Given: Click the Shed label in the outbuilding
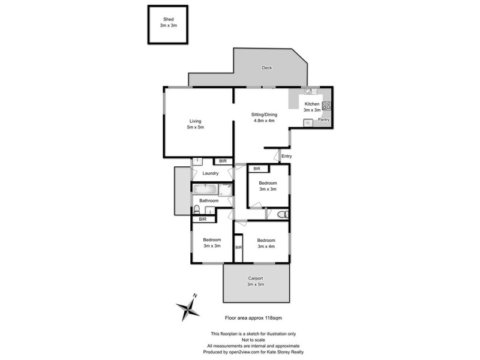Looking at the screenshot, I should coord(168,20).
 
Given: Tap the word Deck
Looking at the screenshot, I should coord(267,68).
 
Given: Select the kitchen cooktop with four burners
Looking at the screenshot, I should coord(326,106).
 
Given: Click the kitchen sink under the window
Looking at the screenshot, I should coord(308,92).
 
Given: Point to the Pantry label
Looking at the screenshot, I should coord(323,120).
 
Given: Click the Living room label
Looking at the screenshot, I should coord(196,121).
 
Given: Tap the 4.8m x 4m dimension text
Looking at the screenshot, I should coord(264,120).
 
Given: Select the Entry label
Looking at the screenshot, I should coord(286,157).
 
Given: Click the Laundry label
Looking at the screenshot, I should coord(210,174).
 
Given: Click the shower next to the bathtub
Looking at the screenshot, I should coord(226,190).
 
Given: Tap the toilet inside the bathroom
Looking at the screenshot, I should coord(196,210).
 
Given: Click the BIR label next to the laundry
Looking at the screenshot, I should coord(223,161).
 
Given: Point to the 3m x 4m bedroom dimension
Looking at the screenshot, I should coord(265,246).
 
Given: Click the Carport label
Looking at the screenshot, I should coord(256,278).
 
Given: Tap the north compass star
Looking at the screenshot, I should coord(188,309).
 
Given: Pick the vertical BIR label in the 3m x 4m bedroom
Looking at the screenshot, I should coord(238,247).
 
